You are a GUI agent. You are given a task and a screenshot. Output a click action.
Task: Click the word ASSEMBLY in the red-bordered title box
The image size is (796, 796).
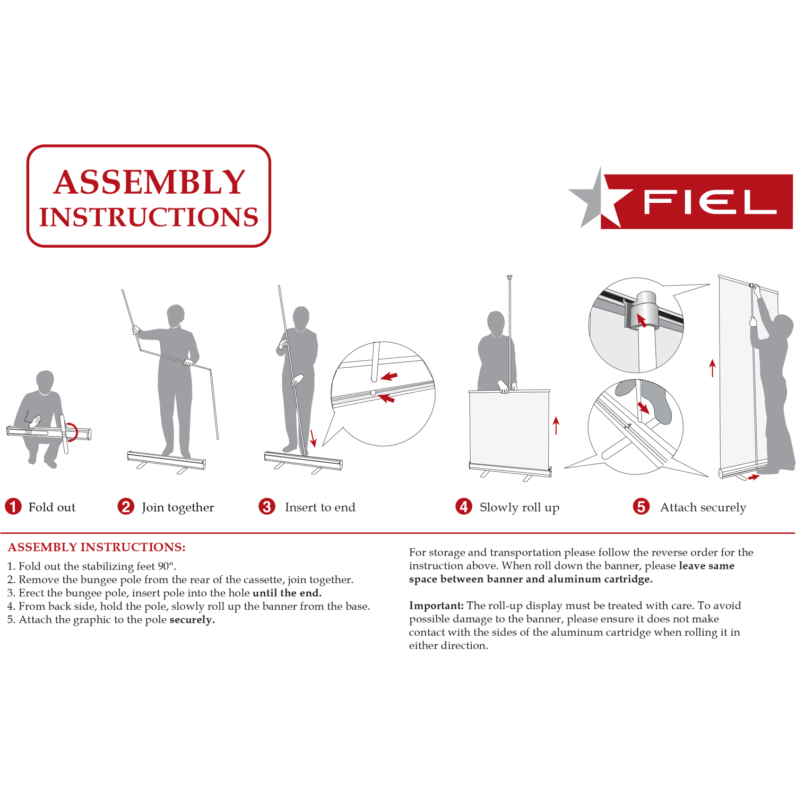click(x=149, y=183)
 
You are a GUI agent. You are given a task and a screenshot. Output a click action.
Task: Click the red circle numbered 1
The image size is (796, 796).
click(x=13, y=507)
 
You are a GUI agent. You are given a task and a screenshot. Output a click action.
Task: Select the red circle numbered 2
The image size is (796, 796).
click(x=126, y=507)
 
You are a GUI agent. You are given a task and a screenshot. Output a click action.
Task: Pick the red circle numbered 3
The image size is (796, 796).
click(x=267, y=507)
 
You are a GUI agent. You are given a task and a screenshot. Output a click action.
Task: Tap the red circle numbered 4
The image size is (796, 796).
click(x=464, y=507)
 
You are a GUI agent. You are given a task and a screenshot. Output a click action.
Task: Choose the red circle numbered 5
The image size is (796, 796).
click(x=641, y=507)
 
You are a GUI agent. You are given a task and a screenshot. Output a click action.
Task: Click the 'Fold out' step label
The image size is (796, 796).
click(x=52, y=507)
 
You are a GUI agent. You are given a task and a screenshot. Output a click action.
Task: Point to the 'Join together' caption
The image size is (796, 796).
click(x=178, y=508)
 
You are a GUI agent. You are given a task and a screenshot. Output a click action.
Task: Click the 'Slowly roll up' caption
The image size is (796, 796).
click(x=519, y=508)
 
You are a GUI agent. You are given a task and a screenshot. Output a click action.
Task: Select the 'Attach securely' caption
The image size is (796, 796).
click(x=703, y=508)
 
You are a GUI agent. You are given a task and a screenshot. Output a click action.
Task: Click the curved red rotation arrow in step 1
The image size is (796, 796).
click(x=74, y=432)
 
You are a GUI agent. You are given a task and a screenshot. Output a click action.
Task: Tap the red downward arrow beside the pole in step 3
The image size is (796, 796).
click(x=313, y=438)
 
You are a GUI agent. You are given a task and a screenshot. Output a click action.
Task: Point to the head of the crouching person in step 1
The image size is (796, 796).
click(x=45, y=381)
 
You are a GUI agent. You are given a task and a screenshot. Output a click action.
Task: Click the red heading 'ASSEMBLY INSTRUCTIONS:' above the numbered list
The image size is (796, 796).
click(x=97, y=547)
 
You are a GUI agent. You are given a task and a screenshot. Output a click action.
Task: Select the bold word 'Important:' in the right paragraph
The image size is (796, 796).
click(x=436, y=605)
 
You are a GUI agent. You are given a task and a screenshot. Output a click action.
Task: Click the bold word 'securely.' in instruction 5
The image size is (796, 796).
click(x=192, y=620)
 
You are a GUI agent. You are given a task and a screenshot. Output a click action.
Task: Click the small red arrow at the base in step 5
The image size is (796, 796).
click(x=754, y=478)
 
